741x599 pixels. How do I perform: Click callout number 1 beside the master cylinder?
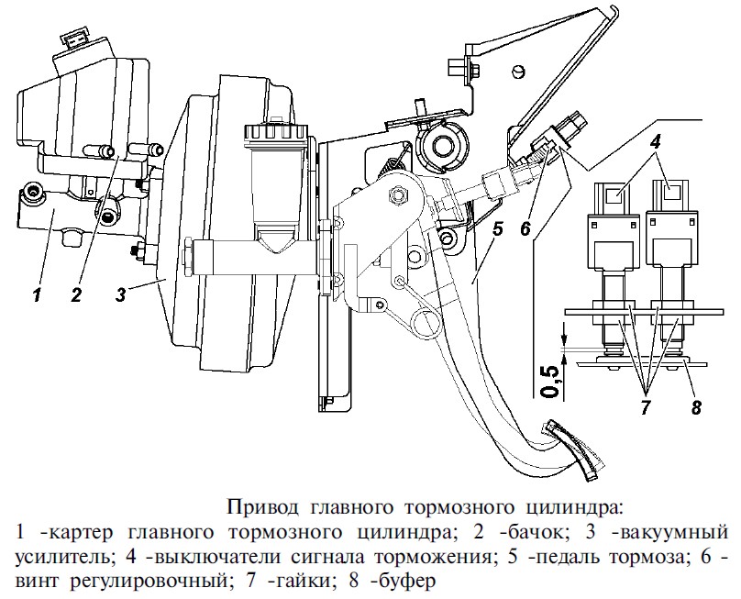pyautogui.click(x=37, y=294)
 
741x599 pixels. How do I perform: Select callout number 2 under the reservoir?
pyautogui.click(x=77, y=294)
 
